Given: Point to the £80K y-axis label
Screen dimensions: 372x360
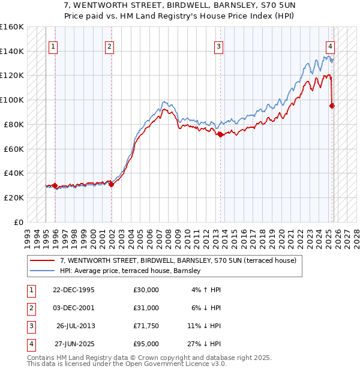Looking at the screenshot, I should pos(13,124).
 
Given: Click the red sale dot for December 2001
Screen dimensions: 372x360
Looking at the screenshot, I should pos(111,184).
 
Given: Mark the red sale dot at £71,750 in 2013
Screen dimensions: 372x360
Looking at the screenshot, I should pos(220,134).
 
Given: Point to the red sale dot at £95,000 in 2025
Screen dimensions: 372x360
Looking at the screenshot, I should pos(332,106).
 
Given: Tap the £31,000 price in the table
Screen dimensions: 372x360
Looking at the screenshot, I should pos(146,308).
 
